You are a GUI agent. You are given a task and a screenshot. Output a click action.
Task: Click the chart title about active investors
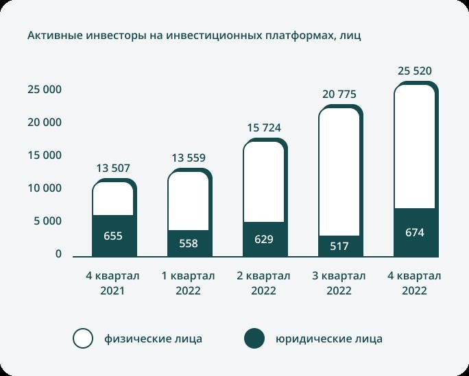[194, 36]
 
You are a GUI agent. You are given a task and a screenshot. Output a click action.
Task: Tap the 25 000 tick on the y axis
[45, 90]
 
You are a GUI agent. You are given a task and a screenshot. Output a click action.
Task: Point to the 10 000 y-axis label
[45, 188]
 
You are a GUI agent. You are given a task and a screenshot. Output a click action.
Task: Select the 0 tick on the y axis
[58, 254]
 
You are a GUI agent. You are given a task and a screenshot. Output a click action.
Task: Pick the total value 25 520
[415, 71]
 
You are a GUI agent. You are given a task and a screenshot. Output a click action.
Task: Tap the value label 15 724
[264, 128]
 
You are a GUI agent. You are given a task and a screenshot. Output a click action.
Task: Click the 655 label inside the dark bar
[113, 236]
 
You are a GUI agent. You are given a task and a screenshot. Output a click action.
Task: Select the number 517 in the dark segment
[339, 247]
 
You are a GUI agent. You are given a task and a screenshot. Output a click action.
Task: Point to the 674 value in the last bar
[415, 233]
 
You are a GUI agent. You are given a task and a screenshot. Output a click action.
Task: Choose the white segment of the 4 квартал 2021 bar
[112, 199]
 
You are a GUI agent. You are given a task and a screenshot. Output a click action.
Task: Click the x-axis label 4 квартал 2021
[112, 283]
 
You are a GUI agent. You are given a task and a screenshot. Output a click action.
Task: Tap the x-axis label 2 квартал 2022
[264, 283]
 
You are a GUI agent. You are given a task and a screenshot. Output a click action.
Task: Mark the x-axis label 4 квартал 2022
[415, 283]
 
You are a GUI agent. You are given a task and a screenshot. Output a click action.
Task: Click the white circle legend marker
[83, 338]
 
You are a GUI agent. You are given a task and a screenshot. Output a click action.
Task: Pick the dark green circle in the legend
[254, 338]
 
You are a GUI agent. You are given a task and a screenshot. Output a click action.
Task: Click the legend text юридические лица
[329, 338]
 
